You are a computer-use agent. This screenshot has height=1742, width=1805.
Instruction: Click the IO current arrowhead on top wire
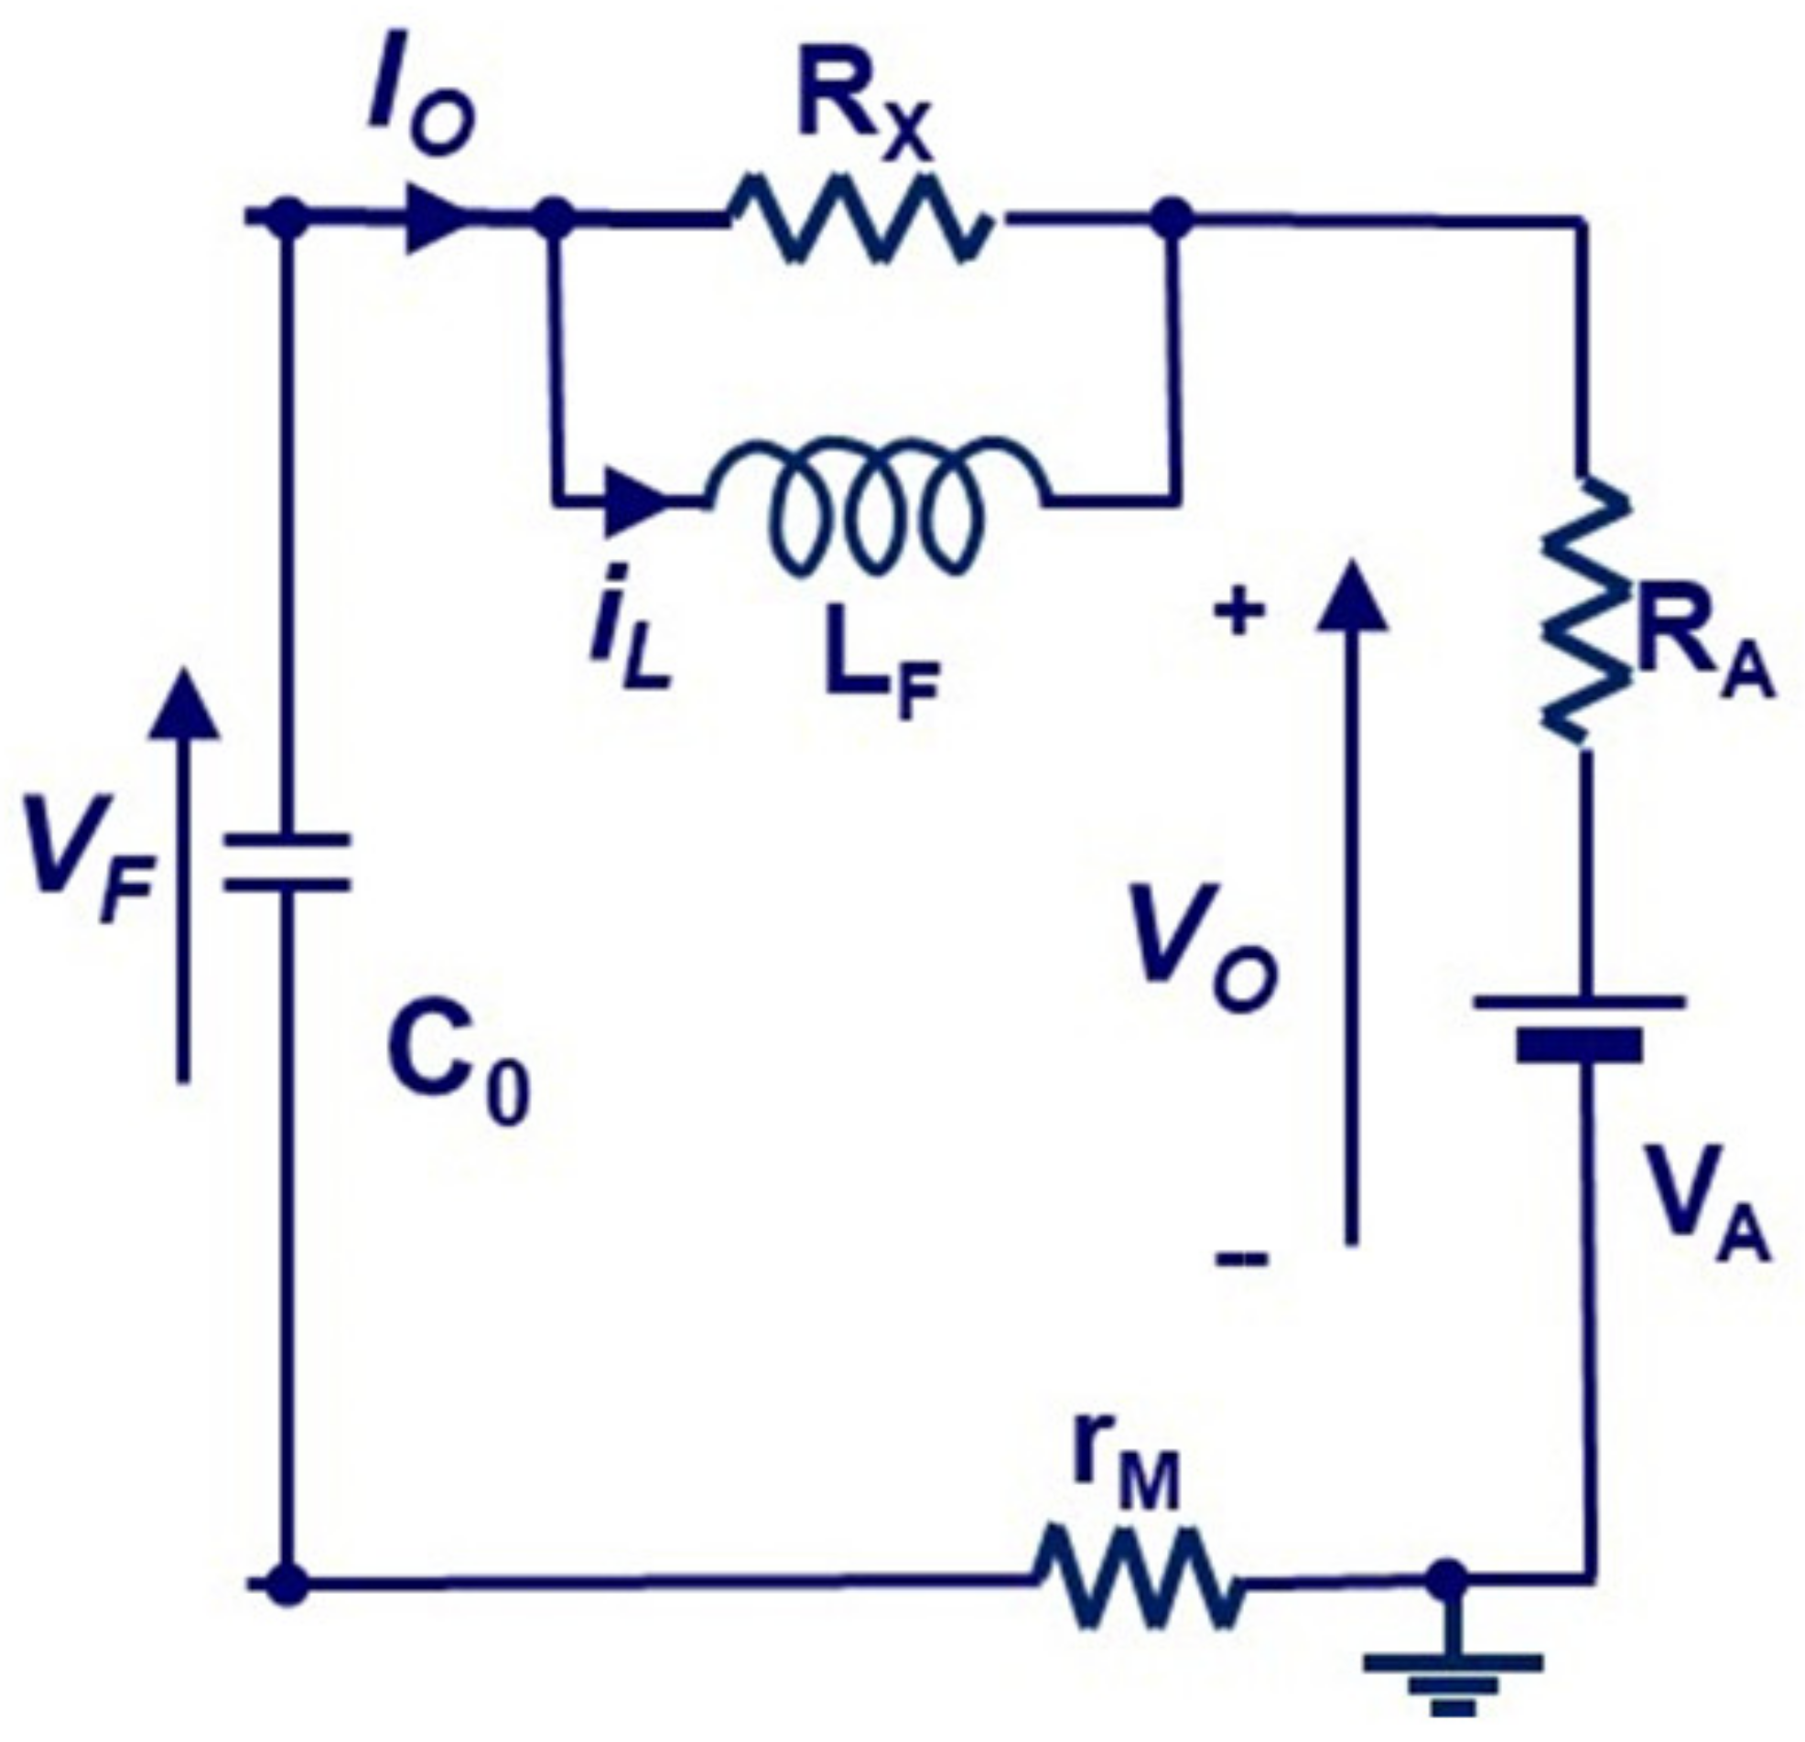point(438,220)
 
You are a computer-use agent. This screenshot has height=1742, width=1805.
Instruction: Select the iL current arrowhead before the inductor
point(635,502)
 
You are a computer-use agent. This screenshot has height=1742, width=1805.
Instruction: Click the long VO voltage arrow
point(1351,902)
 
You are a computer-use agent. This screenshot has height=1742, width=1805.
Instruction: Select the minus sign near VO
point(1241,1257)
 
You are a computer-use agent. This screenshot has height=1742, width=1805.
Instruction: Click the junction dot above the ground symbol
point(1449,1580)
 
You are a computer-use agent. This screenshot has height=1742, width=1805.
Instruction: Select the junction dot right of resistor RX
point(1173,220)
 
